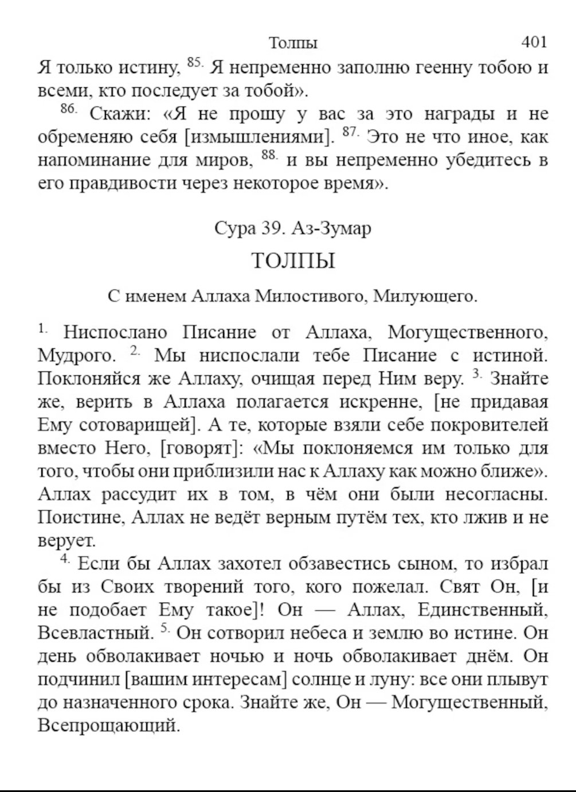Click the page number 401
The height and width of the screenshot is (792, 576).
pos(534,42)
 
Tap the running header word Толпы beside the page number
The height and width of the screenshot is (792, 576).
pos(293,43)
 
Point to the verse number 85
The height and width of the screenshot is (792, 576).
pos(195,63)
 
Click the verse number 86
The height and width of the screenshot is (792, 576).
pos(68,109)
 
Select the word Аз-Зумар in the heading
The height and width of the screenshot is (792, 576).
pos(331,228)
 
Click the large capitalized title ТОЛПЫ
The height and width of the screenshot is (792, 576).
pos(293,261)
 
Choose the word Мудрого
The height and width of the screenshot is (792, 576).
pos(77,356)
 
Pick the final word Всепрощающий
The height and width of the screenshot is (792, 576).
pos(108,726)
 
